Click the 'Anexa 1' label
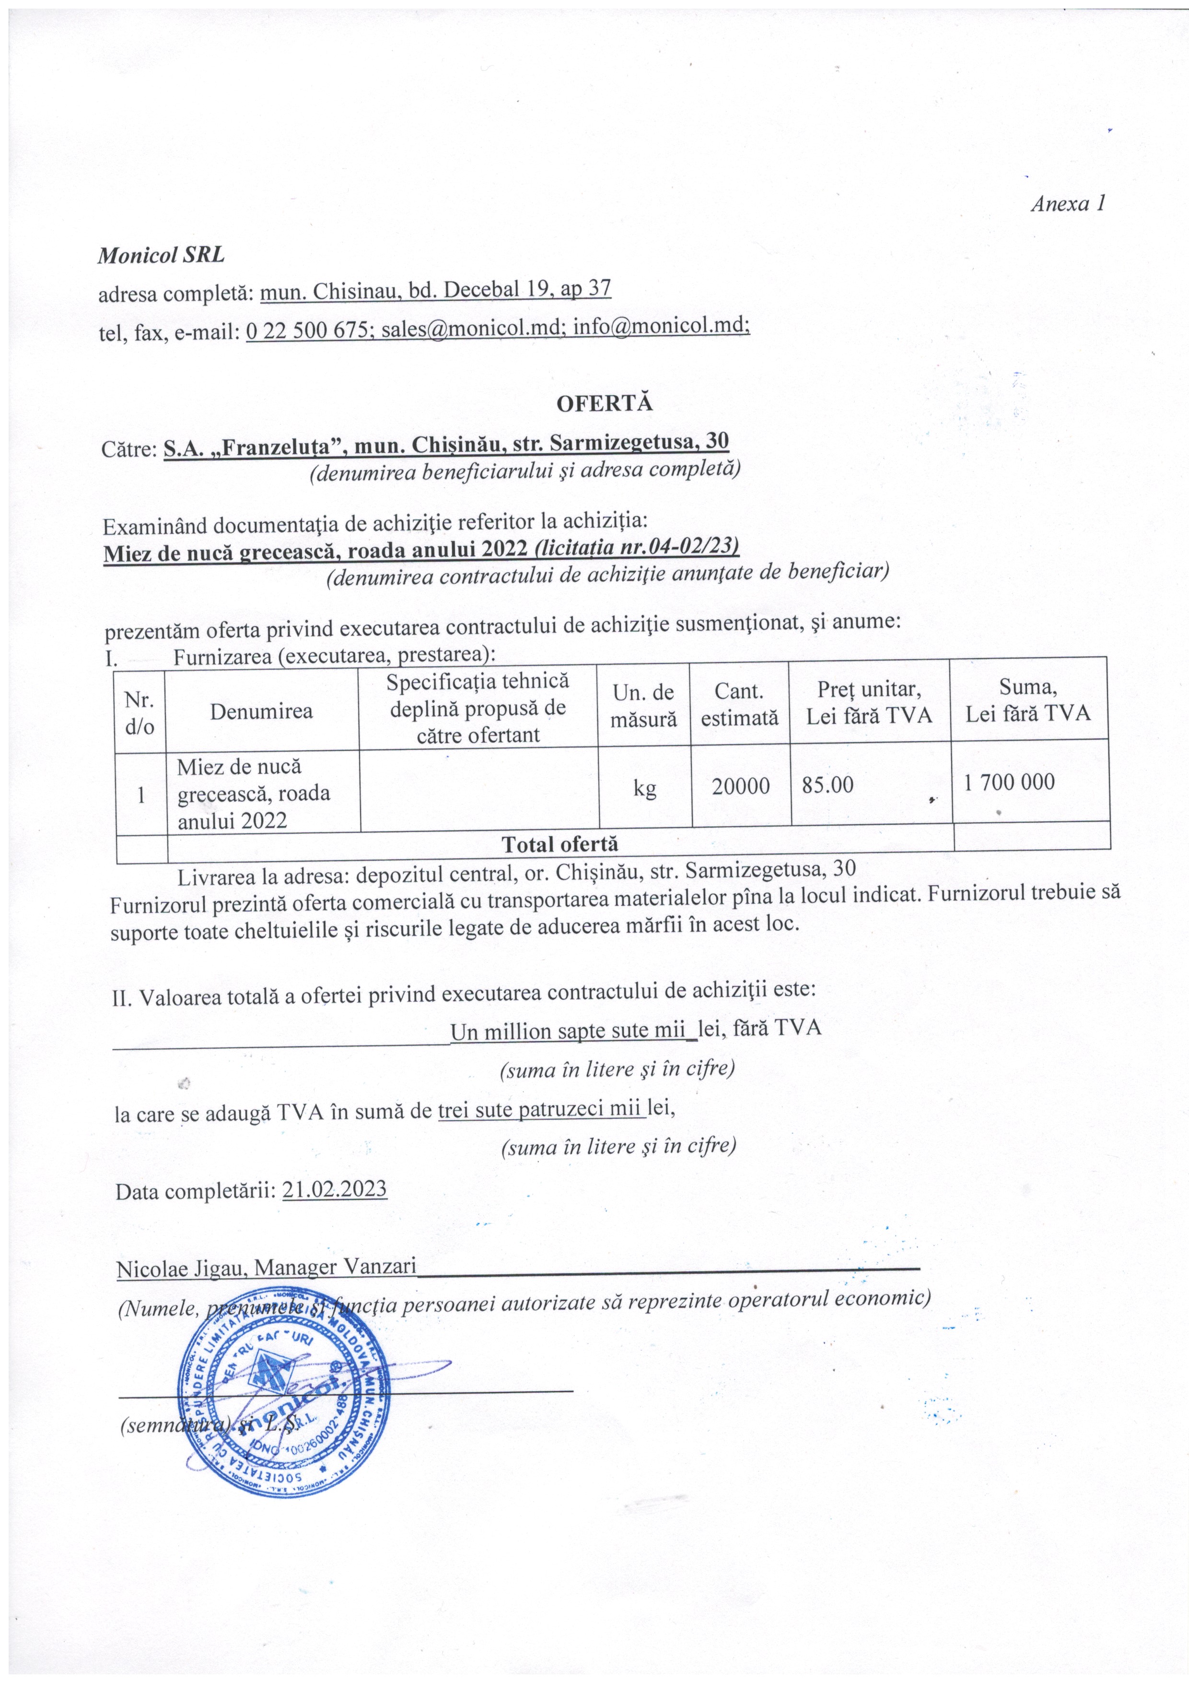coord(1067,204)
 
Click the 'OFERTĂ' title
coord(605,404)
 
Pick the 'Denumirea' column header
coord(262,711)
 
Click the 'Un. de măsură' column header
coord(644,706)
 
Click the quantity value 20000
coord(741,786)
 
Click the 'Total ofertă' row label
coord(560,844)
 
